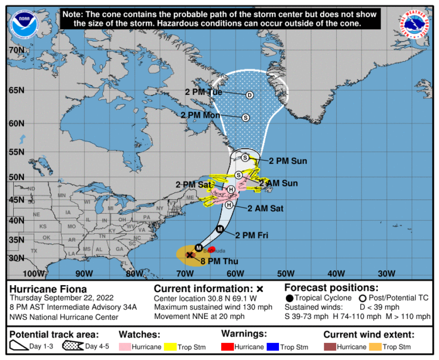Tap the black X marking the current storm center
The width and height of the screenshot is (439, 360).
click(x=190, y=255)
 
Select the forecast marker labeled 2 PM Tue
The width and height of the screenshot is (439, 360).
click(x=249, y=95)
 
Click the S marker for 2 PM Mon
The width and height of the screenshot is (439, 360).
click(x=246, y=118)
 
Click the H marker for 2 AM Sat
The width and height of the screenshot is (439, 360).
click(x=229, y=205)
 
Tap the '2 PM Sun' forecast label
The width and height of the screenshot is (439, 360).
click(x=288, y=161)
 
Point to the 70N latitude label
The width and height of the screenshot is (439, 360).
click(x=16, y=50)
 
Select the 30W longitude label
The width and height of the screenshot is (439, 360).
click(x=387, y=273)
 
